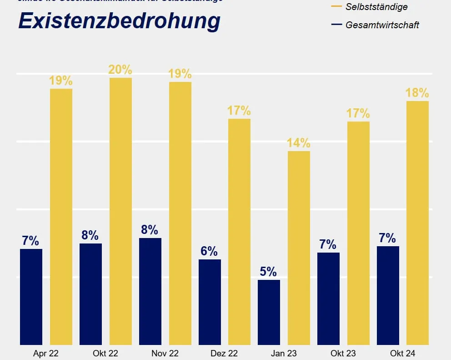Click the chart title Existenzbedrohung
click(x=119, y=21)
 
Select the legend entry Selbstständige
click(x=376, y=7)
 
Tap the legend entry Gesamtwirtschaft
click(x=382, y=25)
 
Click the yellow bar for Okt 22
click(x=120, y=211)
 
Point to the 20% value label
click(x=120, y=70)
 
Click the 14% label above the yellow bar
click(x=298, y=143)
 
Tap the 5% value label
click(x=268, y=272)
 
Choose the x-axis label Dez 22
click(x=224, y=353)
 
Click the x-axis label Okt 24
click(x=402, y=353)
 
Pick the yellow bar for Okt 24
click(x=417, y=223)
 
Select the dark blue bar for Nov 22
click(x=150, y=291)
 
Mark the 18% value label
click(x=417, y=93)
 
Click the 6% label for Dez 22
click(x=209, y=251)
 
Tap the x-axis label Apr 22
click(x=46, y=353)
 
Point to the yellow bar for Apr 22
click(x=61, y=217)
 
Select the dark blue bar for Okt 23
click(x=328, y=299)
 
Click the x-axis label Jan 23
click(x=283, y=353)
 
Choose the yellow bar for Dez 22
click(x=239, y=232)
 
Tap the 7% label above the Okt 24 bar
click(x=387, y=238)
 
